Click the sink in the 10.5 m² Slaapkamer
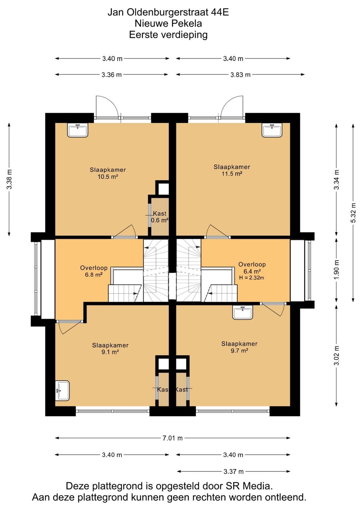tap(78, 130)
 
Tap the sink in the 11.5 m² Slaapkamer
tap(272, 130)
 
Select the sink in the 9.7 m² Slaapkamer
tap(243, 312)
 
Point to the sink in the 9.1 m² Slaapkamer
tap(62, 390)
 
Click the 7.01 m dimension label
tap(173, 438)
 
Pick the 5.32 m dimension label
tap(353, 213)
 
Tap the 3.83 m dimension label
tap(240, 75)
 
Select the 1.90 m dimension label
tap(337, 270)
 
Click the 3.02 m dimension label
tap(337, 356)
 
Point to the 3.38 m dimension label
tap(9, 179)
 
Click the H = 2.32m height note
tap(251, 278)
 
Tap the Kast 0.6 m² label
tap(160, 217)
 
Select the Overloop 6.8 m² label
tap(94, 271)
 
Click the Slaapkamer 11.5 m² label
tap(232, 170)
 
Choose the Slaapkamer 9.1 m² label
tap(110, 349)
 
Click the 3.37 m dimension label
tap(233, 471)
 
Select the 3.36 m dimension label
tap(112, 75)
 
